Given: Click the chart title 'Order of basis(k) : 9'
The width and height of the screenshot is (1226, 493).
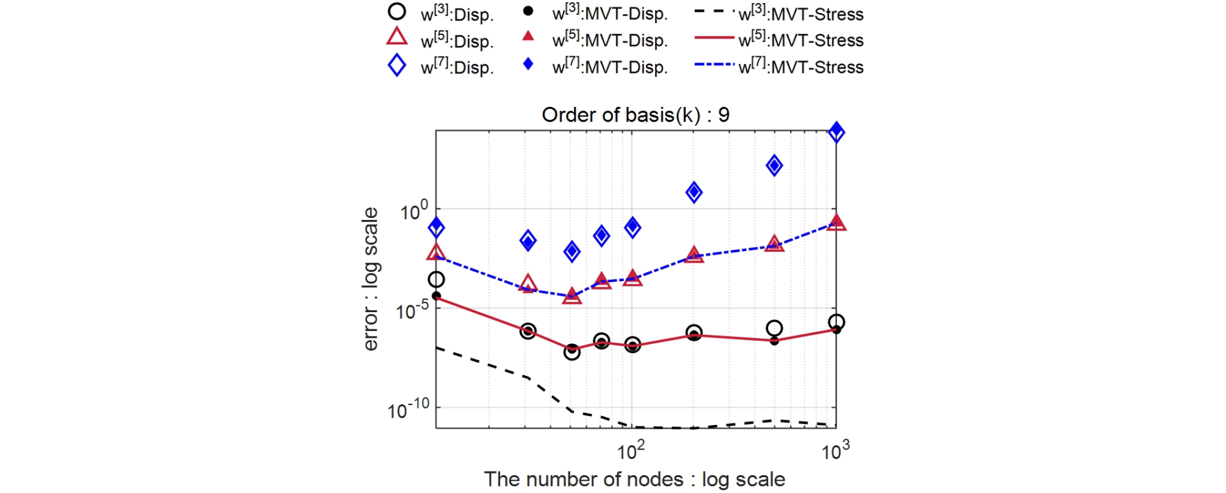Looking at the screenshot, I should point(635,115).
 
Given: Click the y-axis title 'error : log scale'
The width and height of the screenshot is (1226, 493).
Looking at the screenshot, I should point(370,279).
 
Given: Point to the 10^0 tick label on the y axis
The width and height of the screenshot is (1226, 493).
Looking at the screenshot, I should point(414,211).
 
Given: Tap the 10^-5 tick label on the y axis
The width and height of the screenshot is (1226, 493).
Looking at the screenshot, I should point(412,311).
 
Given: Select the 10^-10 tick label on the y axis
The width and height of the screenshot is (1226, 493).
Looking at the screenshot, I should point(408,410).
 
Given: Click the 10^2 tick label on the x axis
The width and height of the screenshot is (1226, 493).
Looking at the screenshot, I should point(631,451).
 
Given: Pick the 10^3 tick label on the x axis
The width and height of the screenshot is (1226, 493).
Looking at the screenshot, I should point(835,451).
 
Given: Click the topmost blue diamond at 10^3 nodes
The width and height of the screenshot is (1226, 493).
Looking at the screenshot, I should point(836,132).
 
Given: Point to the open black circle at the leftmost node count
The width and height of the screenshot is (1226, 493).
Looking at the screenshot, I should point(436,280).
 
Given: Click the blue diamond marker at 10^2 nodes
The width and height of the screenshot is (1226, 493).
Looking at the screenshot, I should point(633,227).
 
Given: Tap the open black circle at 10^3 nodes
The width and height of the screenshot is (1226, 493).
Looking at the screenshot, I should point(836,322).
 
